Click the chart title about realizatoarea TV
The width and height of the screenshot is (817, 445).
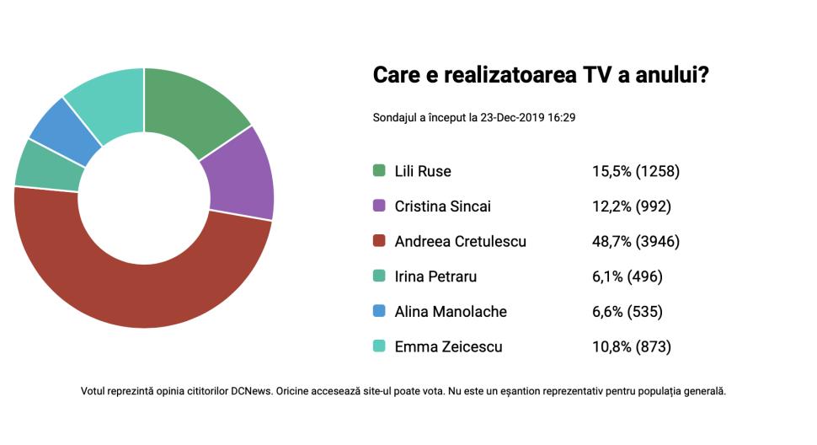(x=540, y=75)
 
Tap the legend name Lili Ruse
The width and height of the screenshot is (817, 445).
(x=423, y=171)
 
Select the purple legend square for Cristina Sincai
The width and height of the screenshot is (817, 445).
(x=379, y=206)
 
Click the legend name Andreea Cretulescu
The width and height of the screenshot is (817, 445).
(x=460, y=241)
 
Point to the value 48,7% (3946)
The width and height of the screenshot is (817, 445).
(x=635, y=241)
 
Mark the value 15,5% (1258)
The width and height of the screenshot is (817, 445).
(x=635, y=171)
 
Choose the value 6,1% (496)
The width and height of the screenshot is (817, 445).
(x=627, y=276)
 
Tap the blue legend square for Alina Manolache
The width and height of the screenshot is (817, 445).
(x=379, y=312)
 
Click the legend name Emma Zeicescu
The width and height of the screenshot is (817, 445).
(x=448, y=346)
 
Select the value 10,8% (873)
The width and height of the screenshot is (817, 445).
(x=632, y=346)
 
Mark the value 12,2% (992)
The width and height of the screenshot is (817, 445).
(x=631, y=206)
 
